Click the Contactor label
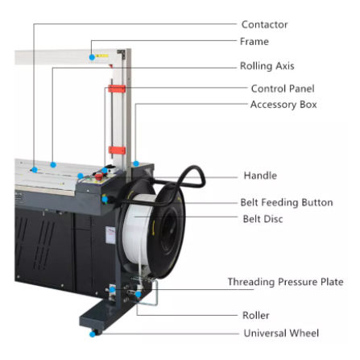tap(264, 24)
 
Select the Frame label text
tap(254, 42)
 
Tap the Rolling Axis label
tap(267, 66)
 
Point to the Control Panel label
tap(283, 89)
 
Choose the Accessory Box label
tap(283, 105)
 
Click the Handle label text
tap(260, 176)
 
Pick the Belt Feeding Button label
tap(287, 202)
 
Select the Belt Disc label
tap(263, 219)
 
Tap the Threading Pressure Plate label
tap(286, 282)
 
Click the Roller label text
tap(256, 315)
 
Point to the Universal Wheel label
tap(281, 333)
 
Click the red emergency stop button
tap(99, 176)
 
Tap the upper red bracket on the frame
tap(117, 89)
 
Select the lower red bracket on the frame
tap(117, 151)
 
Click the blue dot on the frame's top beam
tap(92, 57)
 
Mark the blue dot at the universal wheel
tap(93, 334)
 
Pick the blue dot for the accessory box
tap(136, 163)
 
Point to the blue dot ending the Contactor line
tap(35, 170)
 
